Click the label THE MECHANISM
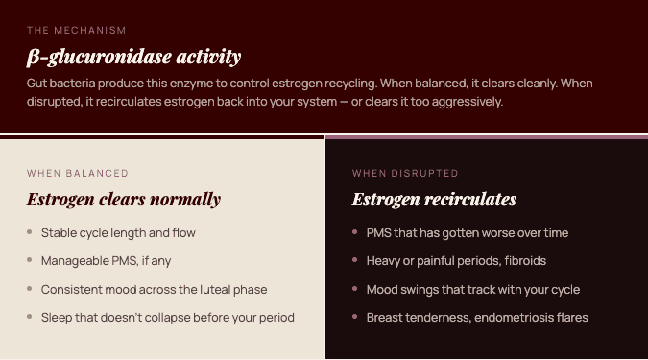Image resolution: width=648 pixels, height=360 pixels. (x=77, y=30)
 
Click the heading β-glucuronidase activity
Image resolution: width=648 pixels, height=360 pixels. (x=133, y=57)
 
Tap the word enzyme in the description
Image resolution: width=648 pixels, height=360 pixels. (x=191, y=84)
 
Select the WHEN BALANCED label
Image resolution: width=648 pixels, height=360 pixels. (x=78, y=173)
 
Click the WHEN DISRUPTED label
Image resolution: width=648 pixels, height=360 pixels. (x=405, y=173)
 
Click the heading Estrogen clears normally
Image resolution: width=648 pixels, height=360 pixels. (x=124, y=200)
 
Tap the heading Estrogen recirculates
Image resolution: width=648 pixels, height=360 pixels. (x=434, y=200)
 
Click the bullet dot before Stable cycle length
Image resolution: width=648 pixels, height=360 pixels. (x=30, y=232)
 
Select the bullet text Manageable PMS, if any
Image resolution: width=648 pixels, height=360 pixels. (x=106, y=261)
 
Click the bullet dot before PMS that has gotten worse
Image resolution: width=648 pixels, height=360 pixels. (x=354, y=232)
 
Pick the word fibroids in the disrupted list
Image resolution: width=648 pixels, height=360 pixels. (x=525, y=261)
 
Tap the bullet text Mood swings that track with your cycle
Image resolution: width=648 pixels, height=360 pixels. (x=472, y=289)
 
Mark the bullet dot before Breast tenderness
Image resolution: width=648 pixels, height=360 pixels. (x=354, y=317)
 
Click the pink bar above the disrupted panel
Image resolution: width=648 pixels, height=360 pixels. (x=487, y=137)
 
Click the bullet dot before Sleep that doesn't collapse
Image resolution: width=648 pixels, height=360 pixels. (x=30, y=317)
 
